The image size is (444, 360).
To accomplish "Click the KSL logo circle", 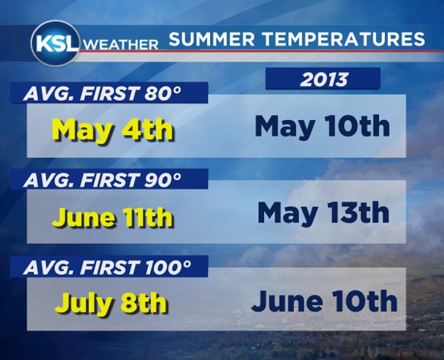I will click(56, 42).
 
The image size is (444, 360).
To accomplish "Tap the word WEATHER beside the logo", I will click(122, 44).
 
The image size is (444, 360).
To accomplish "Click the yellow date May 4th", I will click(113, 130).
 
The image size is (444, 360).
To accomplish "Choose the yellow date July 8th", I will click(112, 304).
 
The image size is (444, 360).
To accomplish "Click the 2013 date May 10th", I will click(322, 127).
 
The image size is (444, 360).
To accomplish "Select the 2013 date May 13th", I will click(323, 213).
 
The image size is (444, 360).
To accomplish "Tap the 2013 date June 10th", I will click(324, 301).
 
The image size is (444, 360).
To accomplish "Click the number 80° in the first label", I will click(169, 93).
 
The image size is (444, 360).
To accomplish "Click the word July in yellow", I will click(80, 304).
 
